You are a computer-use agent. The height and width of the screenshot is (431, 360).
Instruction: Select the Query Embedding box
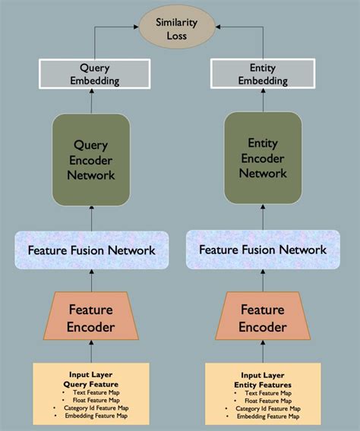coord(92,74)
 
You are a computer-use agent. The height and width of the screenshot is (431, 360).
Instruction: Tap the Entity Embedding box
coord(263,74)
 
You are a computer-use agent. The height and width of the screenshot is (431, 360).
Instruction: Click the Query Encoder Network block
coord(92,159)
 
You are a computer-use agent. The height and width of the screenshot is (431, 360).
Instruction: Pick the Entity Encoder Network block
coord(263,159)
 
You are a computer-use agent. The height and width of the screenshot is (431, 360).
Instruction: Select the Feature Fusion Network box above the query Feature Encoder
coord(92,250)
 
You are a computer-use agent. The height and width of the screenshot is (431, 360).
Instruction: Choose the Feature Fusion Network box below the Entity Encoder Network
coord(263,250)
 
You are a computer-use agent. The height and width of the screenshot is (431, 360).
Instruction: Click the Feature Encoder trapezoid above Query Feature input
coord(92,318)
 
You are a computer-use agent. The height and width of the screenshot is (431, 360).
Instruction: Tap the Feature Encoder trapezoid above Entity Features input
coord(263,318)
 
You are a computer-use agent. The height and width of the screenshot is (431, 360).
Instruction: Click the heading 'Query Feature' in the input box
coord(92,384)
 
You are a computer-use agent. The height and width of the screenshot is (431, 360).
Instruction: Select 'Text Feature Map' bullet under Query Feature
coord(95,393)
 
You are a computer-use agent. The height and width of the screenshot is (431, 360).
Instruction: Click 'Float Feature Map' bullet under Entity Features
coord(267,401)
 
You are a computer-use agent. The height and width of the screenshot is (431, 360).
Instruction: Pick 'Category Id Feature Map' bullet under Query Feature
coord(95,409)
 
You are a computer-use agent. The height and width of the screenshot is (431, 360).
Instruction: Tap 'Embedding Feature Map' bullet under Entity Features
coord(267,417)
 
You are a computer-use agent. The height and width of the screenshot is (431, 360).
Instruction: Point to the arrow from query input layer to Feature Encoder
coord(92,351)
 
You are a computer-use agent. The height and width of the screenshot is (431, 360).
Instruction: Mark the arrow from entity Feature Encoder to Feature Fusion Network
coord(263,282)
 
